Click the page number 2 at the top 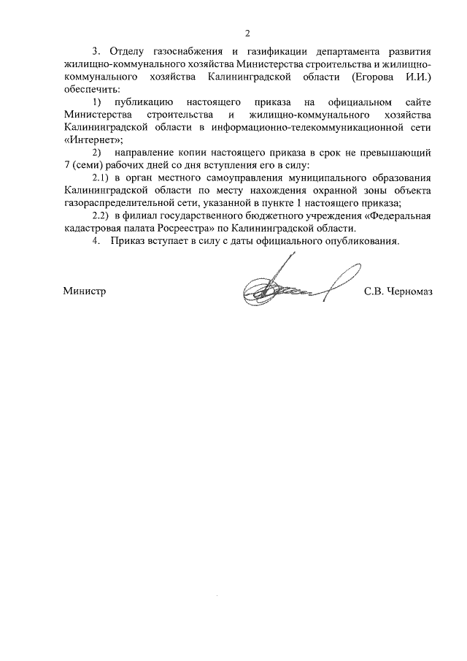coord(247,34)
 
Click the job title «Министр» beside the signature coord(85,291)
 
